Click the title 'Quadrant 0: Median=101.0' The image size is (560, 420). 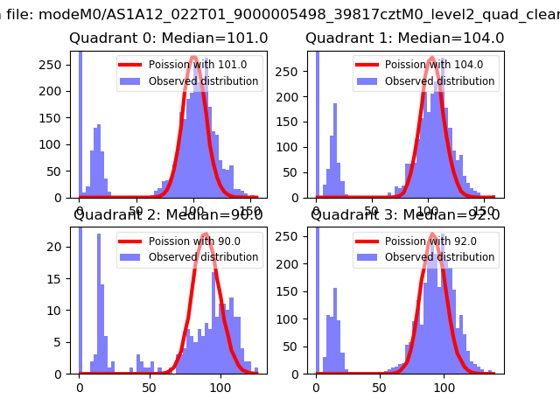pos(169,38)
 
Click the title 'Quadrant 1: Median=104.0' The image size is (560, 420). pos(405,38)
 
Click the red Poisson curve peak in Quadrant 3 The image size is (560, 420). pos(432,234)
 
